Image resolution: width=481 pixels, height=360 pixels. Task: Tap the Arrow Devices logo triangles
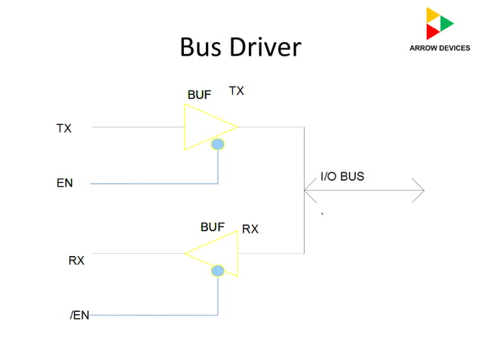click(439, 23)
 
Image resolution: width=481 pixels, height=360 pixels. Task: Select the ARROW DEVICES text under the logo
click(440, 48)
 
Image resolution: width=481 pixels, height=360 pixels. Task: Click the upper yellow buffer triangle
click(205, 127)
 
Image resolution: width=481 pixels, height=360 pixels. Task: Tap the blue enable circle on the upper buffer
click(218, 144)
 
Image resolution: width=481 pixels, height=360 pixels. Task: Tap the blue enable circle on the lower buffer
click(218, 270)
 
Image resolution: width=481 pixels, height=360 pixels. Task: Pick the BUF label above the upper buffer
click(199, 95)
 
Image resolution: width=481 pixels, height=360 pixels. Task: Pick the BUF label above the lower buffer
click(212, 226)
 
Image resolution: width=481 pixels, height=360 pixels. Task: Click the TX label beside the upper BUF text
click(236, 91)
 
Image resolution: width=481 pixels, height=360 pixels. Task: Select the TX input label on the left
click(64, 128)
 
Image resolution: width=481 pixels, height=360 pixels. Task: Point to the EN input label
click(64, 183)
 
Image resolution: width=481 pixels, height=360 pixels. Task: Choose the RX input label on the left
click(76, 261)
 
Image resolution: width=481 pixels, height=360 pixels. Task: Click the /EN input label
click(79, 316)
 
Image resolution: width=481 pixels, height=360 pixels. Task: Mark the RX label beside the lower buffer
click(250, 229)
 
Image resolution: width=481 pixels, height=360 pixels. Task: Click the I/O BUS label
click(342, 177)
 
